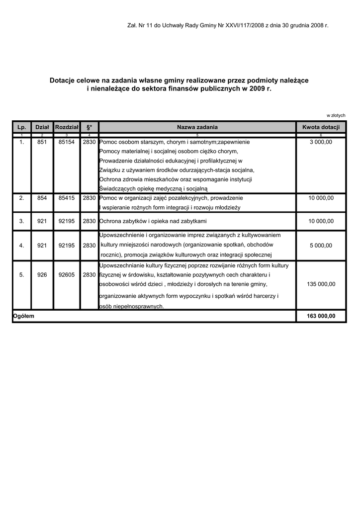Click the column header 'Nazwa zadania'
tap(197, 127)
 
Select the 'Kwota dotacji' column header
tap(321, 127)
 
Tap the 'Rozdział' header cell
tap(67, 127)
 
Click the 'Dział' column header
tap(42, 127)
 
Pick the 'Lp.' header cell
tap(21, 127)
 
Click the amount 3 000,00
tap(321, 142)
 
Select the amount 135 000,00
tap(321, 284)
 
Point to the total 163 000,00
tap(321, 316)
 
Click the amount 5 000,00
tap(321, 246)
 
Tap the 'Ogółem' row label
tap(24, 316)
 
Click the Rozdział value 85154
tap(67, 142)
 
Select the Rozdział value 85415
tap(67, 198)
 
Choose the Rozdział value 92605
tap(67, 274)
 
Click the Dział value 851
tap(42, 142)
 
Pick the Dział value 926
tap(42, 274)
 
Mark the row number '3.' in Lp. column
tap(21, 221)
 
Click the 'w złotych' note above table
tap(336, 115)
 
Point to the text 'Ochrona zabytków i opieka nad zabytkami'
tap(153, 221)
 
